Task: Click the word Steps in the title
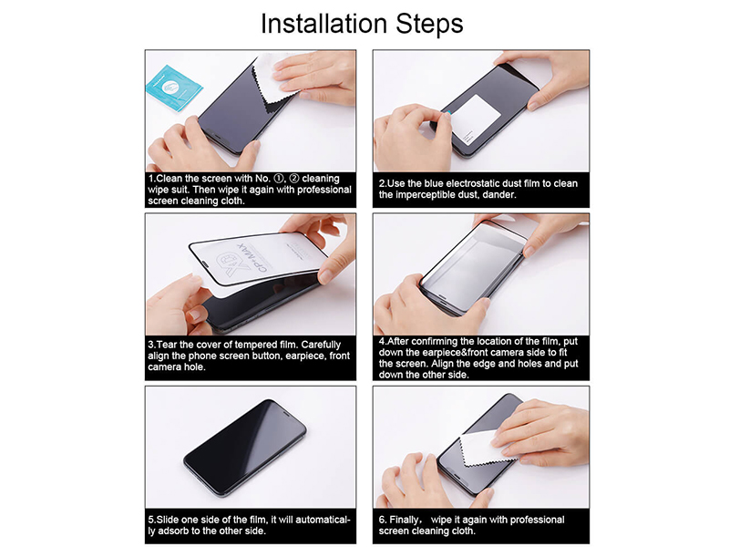pyautogui.click(x=429, y=25)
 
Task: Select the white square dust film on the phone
pyautogui.click(x=475, y=117)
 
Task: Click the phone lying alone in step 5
pyautogui.click(x=244, y=448)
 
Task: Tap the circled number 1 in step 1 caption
pyautogui.click(x=279, y=179)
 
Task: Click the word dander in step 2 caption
pyautogui.click(x=498, y=195)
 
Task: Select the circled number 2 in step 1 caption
pyautogui.click(x=293, y=179)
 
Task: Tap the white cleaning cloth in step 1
pyautogui.click(x=274, y=82)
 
